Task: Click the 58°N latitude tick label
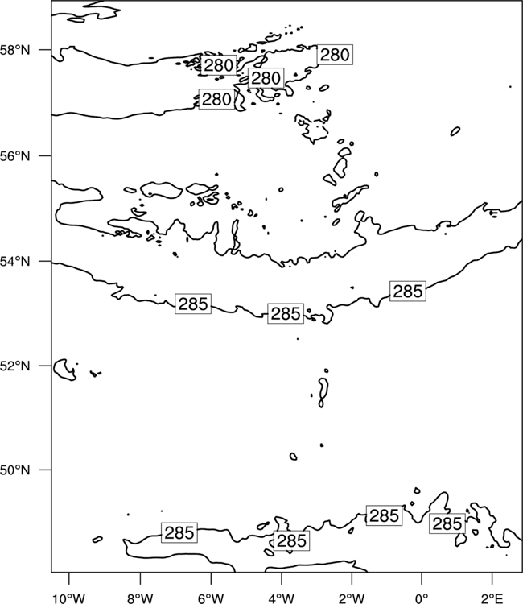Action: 15,50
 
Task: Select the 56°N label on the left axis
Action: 15,156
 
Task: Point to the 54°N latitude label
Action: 15,262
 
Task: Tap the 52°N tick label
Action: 15,366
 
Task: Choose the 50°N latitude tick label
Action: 15,470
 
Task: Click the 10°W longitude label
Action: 69,598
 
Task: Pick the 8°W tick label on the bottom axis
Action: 140,598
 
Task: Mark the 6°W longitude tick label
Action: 211,598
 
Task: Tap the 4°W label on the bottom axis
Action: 281,598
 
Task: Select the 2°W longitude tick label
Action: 352,598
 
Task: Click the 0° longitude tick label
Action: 422,598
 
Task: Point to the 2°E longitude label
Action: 492,598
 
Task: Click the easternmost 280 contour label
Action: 335,55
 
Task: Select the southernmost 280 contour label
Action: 216,99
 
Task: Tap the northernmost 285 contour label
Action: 408,291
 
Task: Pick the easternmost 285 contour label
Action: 447,523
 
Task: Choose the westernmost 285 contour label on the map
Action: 179,533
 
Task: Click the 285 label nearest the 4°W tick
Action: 291,541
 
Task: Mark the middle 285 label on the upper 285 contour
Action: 286,313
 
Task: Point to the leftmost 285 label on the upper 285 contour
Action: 193,304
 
